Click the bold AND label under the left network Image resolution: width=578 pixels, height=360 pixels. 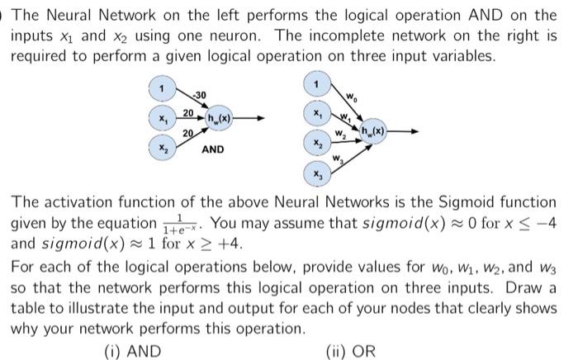[x=213, y=149]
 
